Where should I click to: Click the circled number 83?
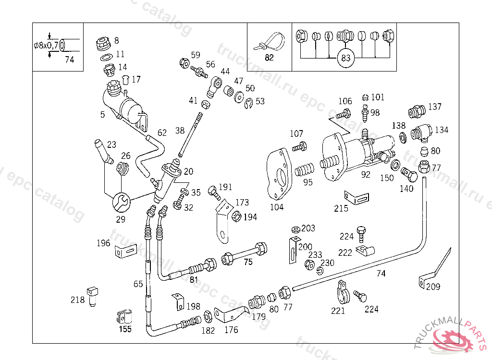click(345, 59)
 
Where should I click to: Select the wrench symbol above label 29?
click(120, 202)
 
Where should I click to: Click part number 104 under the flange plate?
click(277, 207)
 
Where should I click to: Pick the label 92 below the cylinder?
click(366, 175)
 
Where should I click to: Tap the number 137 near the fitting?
click(435, 107)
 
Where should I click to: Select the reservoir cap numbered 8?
click(104, 42)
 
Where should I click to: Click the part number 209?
click(432, 287)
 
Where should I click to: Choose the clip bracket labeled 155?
click(124, 317)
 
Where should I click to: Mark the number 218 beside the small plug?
click(77, 300)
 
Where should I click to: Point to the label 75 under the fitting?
click(248, 262)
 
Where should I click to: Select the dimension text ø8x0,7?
click(46, 46)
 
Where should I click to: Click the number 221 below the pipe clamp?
click(338, 311)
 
